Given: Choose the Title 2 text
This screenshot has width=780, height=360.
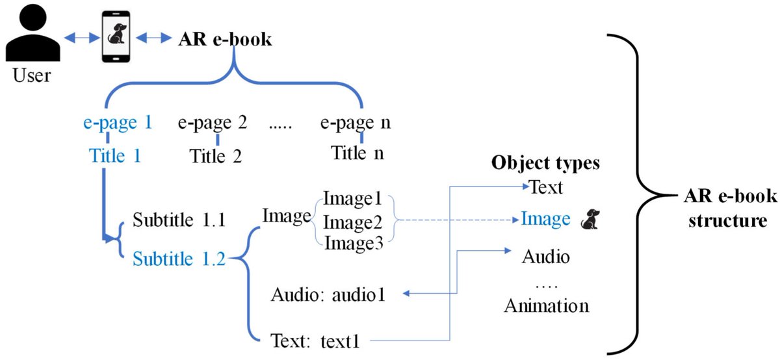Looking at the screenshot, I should tap(216, 156).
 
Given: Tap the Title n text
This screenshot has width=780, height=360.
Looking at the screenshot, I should tap(357, 154).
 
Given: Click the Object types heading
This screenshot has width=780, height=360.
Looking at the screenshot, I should tap(545, 162).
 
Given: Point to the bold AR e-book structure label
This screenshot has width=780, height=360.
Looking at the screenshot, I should tap(723, 208).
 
